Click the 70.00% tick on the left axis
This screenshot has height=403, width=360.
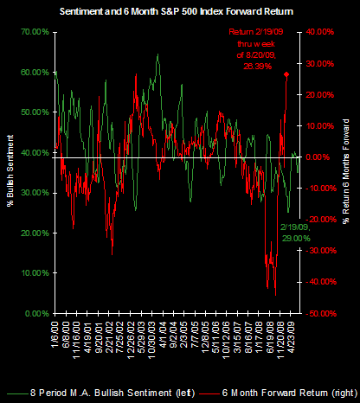click(34, 32)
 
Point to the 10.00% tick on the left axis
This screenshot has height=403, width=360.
click(34, 272)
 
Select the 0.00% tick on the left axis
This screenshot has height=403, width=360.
click(35, 312)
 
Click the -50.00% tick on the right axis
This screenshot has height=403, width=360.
click(319, 312)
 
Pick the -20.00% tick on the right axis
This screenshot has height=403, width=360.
click(319, 219)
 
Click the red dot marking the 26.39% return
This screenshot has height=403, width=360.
click(286, 74)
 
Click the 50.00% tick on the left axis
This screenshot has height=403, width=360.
click(34, 112)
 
